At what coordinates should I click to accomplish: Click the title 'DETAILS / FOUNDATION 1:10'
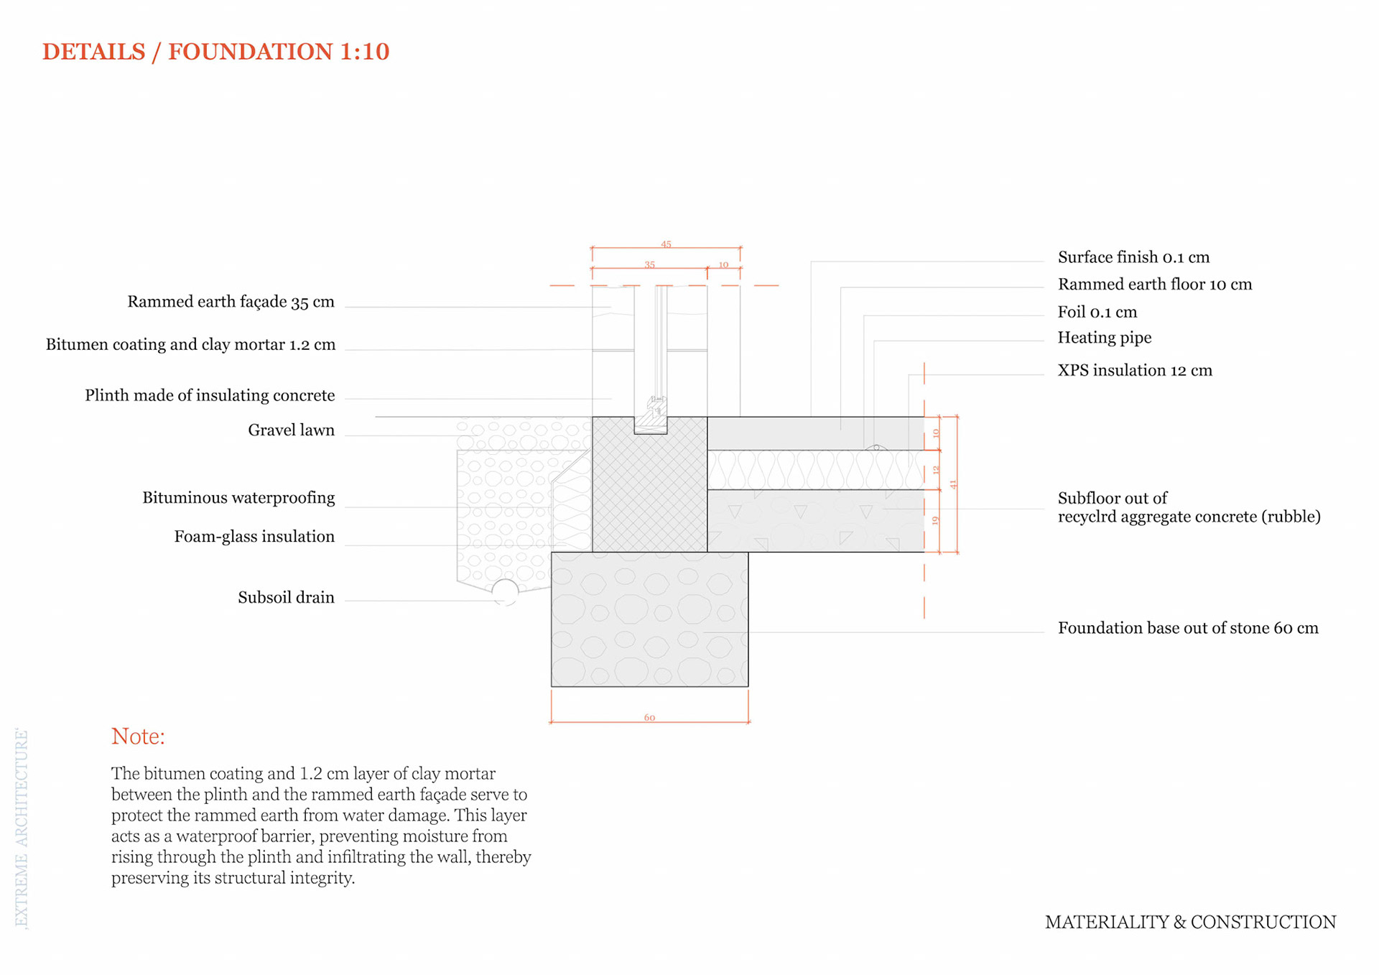point(215,52)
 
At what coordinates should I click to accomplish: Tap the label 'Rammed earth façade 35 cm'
point(231,302)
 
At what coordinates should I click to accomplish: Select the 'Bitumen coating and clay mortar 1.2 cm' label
point(190,345)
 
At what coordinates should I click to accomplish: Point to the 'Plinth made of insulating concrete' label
point(210,396)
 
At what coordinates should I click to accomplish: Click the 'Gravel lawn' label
point(291,430)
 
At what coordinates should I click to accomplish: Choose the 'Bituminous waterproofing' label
point(238,498)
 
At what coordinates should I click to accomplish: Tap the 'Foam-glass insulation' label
point(254,537)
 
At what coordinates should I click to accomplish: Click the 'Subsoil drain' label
point(286,598)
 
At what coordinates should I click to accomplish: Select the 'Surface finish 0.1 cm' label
point(1133,257)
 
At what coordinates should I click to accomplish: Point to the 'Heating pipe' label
point(1104,338)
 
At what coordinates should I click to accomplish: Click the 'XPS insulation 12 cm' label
point(1135,371)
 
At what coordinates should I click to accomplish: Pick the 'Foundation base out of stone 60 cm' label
point(1188,628)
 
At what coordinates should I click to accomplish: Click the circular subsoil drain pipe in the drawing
point(505,592)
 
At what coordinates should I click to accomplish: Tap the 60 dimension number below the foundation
point(649,718)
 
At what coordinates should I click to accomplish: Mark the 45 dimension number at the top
point(666,244)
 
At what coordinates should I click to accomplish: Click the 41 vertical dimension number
point(953,484)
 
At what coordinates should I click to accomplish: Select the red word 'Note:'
point(138,736)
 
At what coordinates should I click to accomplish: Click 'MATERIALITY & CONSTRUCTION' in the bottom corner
point(1190,923)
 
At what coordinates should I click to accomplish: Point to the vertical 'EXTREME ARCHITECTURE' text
point(22,829)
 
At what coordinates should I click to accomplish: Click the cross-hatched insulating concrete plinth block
point(649,496)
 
